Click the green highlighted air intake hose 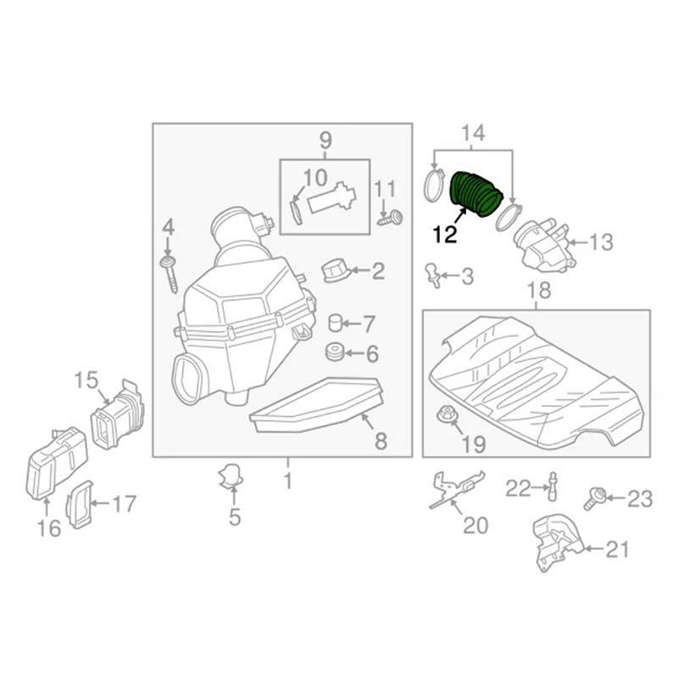click(476, 193)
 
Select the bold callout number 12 click(445, 235)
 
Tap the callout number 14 click(474, 133)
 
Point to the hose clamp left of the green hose click(435, 186)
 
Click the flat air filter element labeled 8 click(317, 405)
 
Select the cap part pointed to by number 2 click(336, 271)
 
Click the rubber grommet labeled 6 click(335, 353)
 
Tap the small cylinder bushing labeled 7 click(336, 323)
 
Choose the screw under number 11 click(390, 218)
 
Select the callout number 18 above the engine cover click(539, 290)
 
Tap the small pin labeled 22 click(553, 486)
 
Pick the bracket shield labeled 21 click(559, 542)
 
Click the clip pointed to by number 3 click(434, 274)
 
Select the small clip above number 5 click(231, 476)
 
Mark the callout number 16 click(49, 528)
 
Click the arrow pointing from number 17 click(100, 503)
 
